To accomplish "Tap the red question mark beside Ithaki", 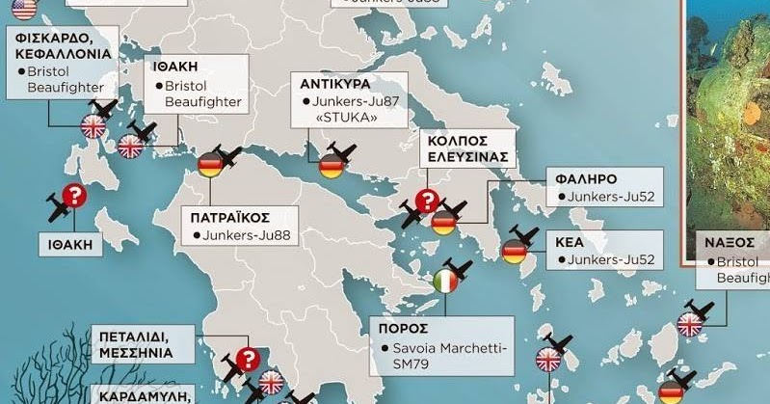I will point(74,197).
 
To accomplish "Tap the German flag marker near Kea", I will point(514,252).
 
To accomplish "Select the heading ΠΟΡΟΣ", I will point(403,328).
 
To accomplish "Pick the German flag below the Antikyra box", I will point(331,167).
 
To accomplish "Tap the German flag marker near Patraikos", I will point(210,166).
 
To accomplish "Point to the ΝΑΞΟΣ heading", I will point(728,242).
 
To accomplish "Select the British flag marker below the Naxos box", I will point(689,324).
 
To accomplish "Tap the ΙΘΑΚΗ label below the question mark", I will point(70,245).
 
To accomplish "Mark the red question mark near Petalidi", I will point(247,360).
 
